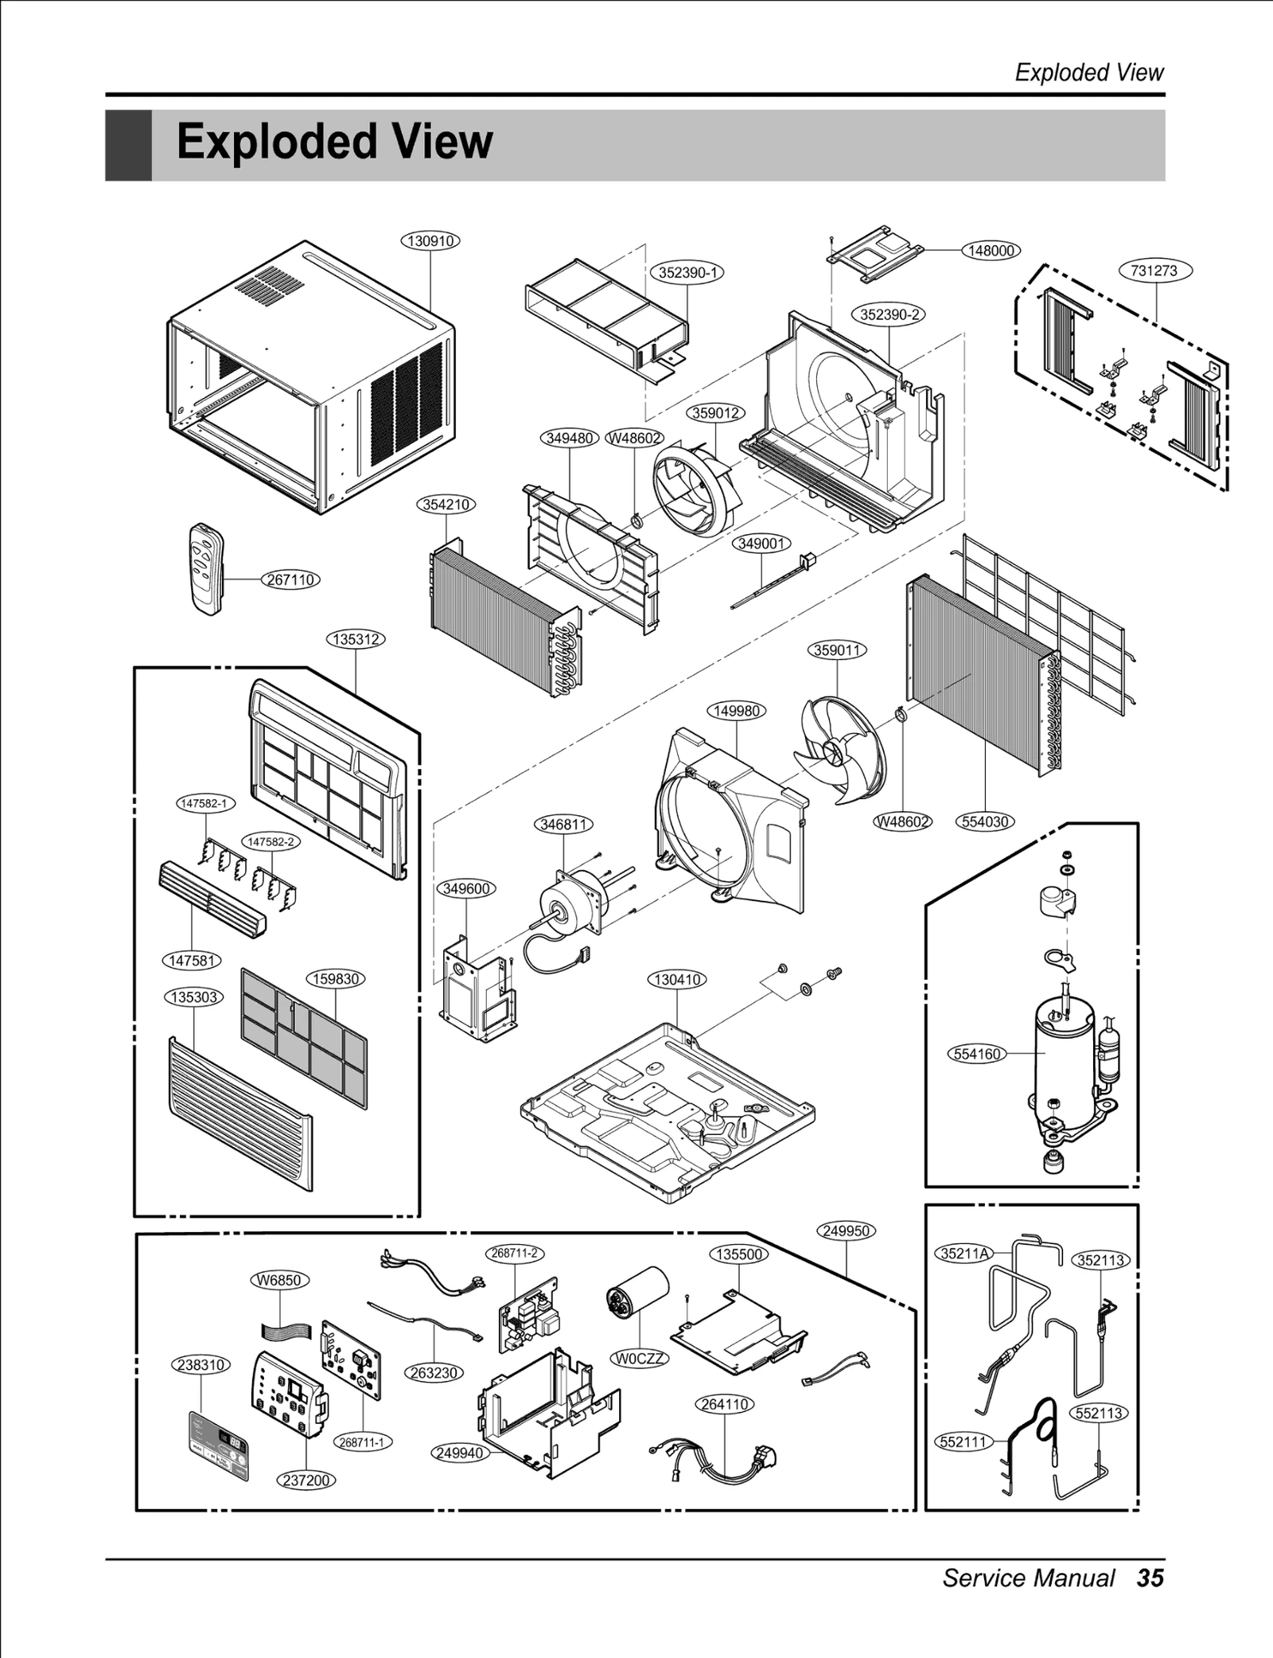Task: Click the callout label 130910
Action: (430, 240)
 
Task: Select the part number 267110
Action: (290, 579)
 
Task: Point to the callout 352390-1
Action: (688, 272)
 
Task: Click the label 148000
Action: (991, 250)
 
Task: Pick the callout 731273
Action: (1154, 270)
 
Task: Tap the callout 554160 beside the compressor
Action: (976, 1054)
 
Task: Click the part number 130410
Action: (677, 979)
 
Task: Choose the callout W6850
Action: (279, 1280)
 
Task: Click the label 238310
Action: (200, 1364)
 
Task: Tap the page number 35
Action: (1150, 1578)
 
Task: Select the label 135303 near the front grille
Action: (195, 997)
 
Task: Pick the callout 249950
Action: (846, 1231)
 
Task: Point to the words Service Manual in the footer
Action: (1028, 1578)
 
